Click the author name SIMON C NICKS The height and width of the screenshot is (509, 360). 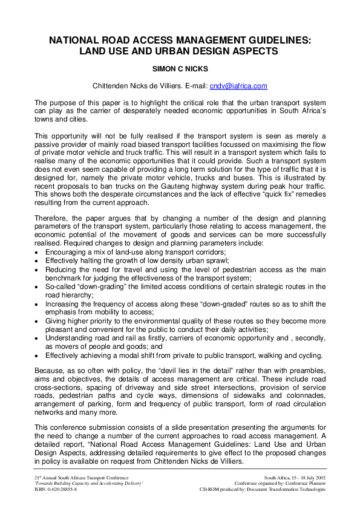point(179,70)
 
